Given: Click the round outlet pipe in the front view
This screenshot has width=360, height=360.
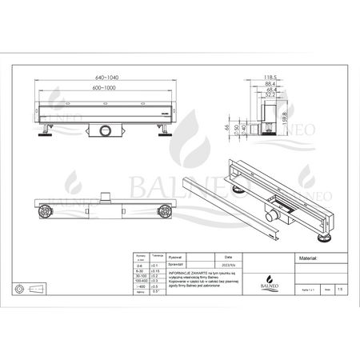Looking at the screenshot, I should point(105,130).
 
